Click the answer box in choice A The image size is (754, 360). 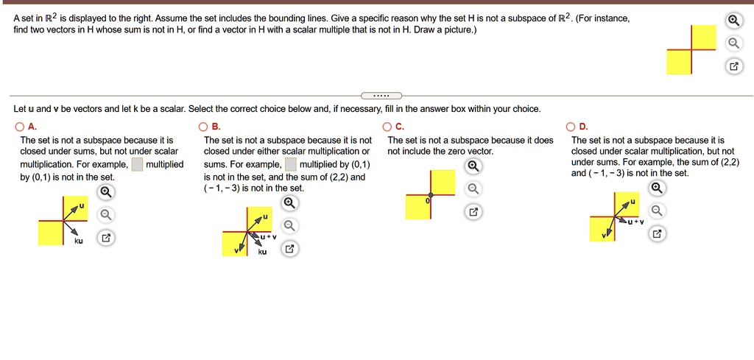137,164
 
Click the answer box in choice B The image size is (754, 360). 291,164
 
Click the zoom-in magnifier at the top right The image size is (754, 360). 733,20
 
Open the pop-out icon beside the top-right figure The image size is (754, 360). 733,67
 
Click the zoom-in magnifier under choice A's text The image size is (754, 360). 106,193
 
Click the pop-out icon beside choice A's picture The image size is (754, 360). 106,239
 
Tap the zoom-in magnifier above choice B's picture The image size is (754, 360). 290,202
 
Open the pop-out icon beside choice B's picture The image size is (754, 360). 290,249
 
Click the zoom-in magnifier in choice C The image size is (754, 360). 475,166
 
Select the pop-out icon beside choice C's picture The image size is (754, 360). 475,213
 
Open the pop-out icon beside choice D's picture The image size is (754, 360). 658,234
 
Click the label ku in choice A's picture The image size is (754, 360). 78,241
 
